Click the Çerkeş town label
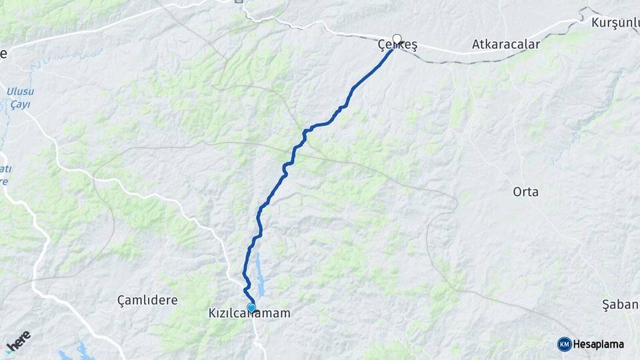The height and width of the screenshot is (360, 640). (x=399, y=45)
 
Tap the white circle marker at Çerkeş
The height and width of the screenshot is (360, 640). (x=397, y=39)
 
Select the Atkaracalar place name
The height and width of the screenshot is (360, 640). (x=505, y=45)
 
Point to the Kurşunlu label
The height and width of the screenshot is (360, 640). (x=615, y=23)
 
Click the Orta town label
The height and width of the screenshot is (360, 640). (x=525, y=192)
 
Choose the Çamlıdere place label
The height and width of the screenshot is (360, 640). (x=147, y=300)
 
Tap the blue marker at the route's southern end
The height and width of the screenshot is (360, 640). (x=251, y=307)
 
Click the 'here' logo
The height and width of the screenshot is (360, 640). (x=19, y=341)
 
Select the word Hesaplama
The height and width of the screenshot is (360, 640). (x=598, y=344)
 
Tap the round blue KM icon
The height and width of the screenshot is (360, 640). (x=564, y=344)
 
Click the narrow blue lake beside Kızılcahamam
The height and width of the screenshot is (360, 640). (x=260, y=277)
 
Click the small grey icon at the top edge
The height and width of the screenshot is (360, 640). (x=239, y=2)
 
